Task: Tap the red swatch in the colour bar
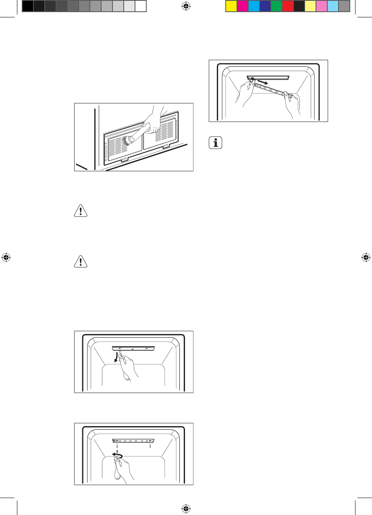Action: pos(287,6)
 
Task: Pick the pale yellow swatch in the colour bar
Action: pos(310,6)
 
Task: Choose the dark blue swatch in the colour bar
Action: pos(265,6)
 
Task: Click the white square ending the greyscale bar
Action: pos(140,6)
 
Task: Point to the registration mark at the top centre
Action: pos(186,6)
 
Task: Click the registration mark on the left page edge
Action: pos(6,257)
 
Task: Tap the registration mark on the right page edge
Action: pos(366,257)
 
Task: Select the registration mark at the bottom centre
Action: pos(186,509)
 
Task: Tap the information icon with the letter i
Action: pos(217,143)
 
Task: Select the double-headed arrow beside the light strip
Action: pos(262,83)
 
